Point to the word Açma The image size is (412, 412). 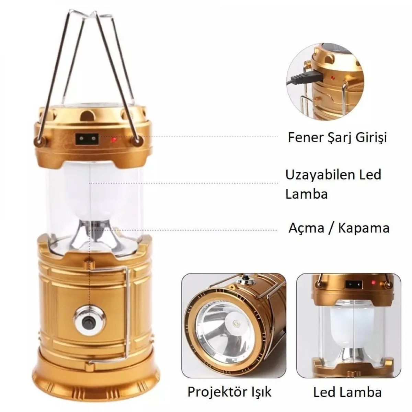pyautogui.click(x=306, y=229)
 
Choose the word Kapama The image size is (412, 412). pyautogui.click(x=364, y=229)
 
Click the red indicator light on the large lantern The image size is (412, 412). pyautogui.click(x=113, y=140)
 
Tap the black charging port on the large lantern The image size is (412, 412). pyautogui.click(x=87, y=139)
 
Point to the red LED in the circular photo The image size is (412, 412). pyautogui.click(x=332, y=77)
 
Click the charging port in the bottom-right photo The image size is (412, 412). pyautogui.click(x=354, y=284)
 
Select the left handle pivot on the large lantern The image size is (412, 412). pyautogui.click(x=39, y=141)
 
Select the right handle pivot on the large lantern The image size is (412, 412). pyautogui.click(x=137, y=141)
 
